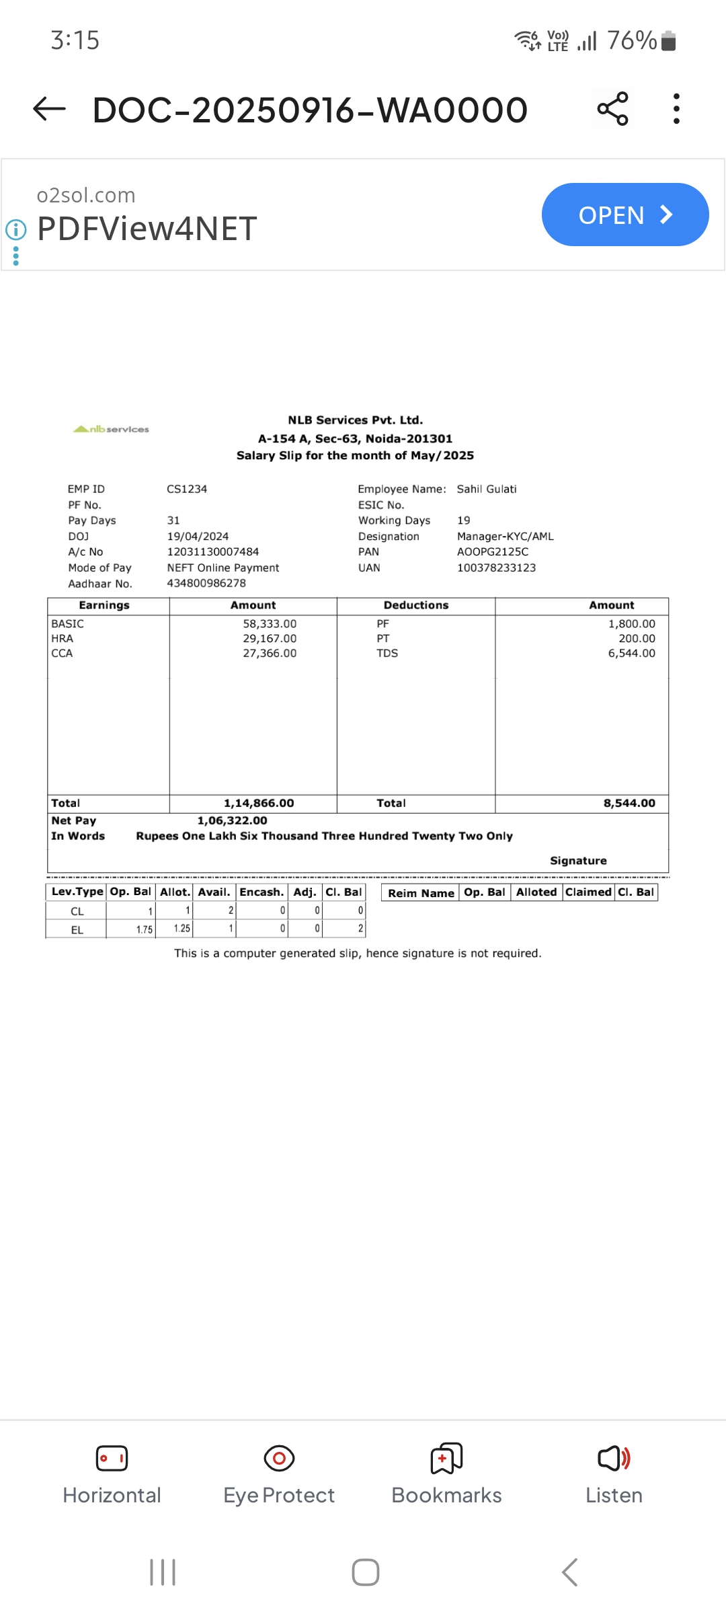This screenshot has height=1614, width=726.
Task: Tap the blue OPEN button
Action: click(x=624, y=215)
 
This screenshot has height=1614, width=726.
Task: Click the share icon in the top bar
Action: click(x=612, y=109)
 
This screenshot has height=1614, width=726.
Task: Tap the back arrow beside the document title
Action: click(x=50, y=109)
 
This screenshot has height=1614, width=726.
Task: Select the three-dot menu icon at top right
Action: click(x=676, y=109)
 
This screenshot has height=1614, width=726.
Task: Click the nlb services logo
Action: click(x=112, y=429)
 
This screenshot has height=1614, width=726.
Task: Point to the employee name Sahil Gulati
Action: click(x=487, y=489)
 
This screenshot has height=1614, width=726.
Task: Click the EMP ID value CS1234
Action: click(x=187, y=489)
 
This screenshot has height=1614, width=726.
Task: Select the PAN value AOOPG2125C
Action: click(x=493, y=551)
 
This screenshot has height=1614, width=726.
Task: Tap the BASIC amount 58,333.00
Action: click(x=270, y=623)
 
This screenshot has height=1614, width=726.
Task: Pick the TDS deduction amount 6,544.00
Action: click(x=631, y=653)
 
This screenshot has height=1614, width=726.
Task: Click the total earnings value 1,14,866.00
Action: click(x=259, y=803)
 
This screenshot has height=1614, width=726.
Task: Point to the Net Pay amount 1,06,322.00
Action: click(x=232, y=820)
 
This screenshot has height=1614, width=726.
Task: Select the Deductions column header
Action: click(x=416, y=605)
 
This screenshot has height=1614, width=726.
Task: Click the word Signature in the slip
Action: click(x=578, y=861)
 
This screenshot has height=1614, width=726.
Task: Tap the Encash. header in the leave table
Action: click(x=261, y=892)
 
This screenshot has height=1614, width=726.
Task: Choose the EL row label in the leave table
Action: click(x=77, y=930)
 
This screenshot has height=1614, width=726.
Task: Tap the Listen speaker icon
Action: click(x=614, y=1458)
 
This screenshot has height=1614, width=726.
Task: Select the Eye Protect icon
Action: click(x=279, y=1458)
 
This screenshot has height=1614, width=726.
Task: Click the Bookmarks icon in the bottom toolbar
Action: click(x=446, y=1458)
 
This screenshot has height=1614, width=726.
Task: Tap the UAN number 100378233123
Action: click(x=496, y=568)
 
